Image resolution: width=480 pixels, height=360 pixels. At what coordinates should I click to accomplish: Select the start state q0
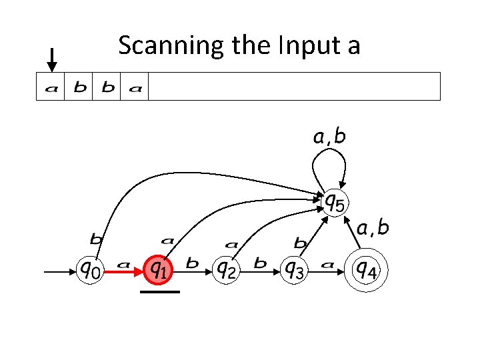click(91, 270)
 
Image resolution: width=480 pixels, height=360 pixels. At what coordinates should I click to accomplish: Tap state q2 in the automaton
click(227, 270)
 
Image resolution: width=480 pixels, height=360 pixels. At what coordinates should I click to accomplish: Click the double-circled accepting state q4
click(366, 270)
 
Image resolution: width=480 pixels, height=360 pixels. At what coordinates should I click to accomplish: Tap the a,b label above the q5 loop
click(330, 137)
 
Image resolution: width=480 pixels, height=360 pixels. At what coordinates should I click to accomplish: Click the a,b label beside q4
click(374, 229)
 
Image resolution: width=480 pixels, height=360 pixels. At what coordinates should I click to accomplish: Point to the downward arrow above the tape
click(52, 59)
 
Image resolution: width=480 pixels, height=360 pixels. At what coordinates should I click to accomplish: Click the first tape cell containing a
click(51, 87)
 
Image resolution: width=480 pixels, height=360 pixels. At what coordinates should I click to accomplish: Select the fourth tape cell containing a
click(135, 87)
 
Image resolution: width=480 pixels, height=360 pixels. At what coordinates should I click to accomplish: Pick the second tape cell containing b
click(79, 87)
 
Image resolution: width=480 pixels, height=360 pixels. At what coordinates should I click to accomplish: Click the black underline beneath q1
click(160, 291)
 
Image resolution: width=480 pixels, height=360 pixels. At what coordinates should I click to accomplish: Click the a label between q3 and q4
click(327, 264)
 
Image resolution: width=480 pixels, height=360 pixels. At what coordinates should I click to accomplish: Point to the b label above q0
click(96, 237)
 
